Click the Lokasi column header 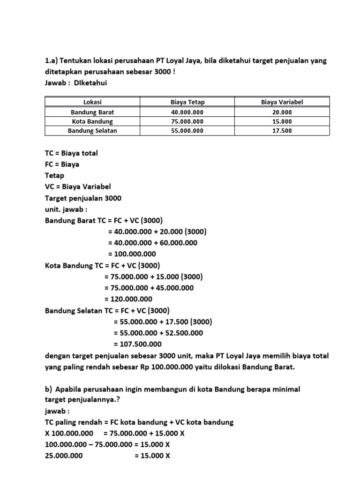pos(92,102)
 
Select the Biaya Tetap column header pos(187,102)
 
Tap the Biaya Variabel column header pos(282,102)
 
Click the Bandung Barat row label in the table pos(92,112)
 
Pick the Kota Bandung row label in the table pos(92,121)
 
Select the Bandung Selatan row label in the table pos(92,131)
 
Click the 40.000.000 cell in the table pos(187,112)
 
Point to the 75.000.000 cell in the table pos(187,121)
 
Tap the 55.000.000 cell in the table pos(187,131)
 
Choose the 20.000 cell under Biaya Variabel pos(282,112)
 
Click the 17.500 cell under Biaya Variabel pos(282,131)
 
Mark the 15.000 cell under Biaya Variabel pos(282,121)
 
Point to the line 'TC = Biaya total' pos(71,153)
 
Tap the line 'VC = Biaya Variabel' pos(78,187)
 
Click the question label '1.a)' pos(52,61)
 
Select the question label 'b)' pos(48,389)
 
